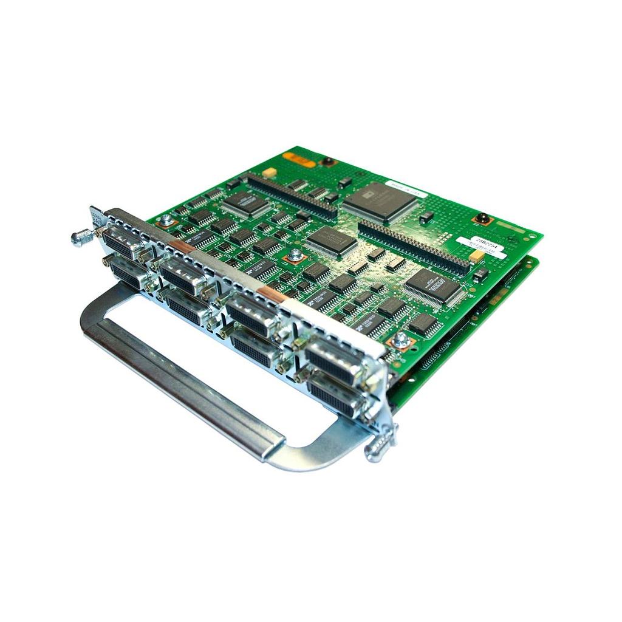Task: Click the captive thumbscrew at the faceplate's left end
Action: pyautogui.click(x=81, y=237)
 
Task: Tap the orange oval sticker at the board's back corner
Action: pyautogui.click(x=299, y=162)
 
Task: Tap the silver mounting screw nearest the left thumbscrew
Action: pyautogui.click(x=165, y=220)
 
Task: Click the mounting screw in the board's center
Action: pyautogui.click(x=295, y=256)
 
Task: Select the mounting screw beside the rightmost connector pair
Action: pyautogui.click(x=400, y=341)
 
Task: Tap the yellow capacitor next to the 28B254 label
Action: pyautogui.click(x=477, y=257)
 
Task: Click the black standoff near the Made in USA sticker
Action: pyautogui.click(x=483, y=218)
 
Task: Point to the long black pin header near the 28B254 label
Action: pyautogui.click(x=413, y=247)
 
